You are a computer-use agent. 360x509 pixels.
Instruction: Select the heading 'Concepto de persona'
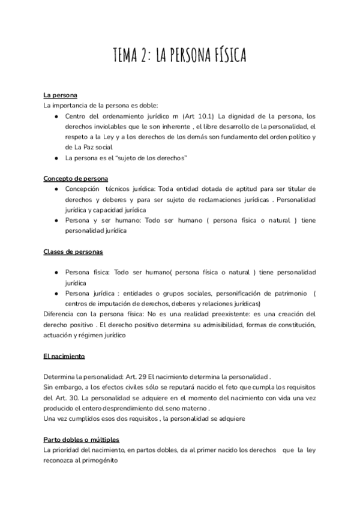[x=76, y=178]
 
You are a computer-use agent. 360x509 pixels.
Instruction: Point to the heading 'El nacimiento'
[x=64, y=357]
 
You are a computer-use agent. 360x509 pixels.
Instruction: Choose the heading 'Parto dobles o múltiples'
[x=82, y=439]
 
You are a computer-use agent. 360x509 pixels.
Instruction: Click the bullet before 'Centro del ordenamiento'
[x=55, y=116]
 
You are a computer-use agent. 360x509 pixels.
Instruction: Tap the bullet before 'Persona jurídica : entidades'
[x=55, y=293]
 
